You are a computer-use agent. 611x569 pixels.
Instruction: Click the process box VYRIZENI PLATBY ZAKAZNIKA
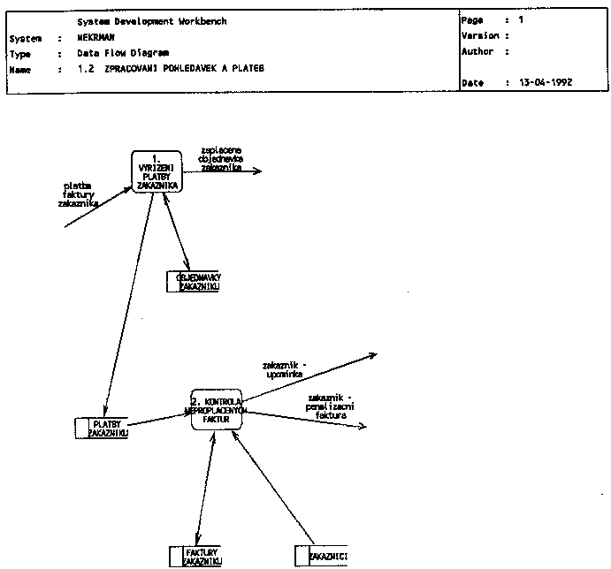tap(157, 172)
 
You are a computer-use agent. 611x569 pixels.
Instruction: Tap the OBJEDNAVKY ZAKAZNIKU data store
tap(194, 282)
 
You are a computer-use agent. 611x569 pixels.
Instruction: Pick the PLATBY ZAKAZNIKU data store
tap(103, 429)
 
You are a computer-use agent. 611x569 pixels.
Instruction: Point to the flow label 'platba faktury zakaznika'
tap(77, 194)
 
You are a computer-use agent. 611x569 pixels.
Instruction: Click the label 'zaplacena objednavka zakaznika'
tap(222, 158)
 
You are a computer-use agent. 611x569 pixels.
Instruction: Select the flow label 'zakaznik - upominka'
tap(285, 369)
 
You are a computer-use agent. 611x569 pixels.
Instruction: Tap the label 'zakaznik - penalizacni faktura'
tap(330, 405)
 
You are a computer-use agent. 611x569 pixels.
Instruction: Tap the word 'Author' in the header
tap(477, 52)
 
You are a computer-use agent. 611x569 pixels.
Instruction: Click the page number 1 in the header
tap(521, 19)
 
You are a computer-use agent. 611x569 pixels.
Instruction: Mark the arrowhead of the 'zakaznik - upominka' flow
tap(373, 356)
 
